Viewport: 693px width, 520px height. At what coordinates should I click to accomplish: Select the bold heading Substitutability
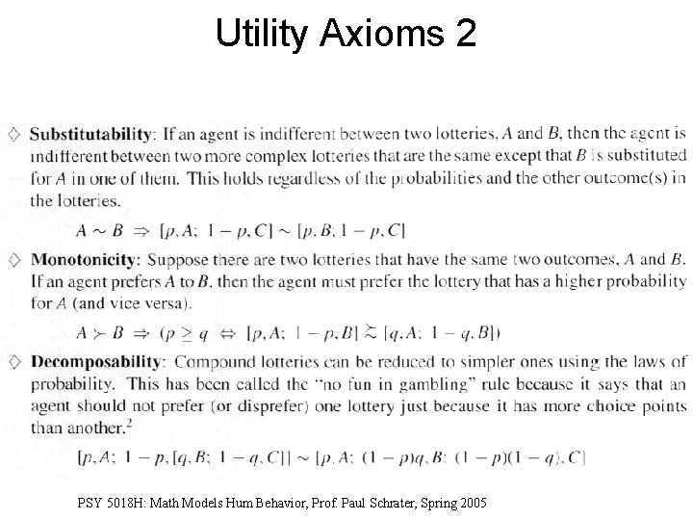tap(90, 134)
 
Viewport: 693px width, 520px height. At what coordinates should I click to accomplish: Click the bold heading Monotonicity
tap(85, 259)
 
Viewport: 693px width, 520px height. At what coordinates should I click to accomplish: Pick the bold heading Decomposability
tap(94, 362)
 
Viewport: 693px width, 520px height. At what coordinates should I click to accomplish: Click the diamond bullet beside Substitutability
tap(13, 134)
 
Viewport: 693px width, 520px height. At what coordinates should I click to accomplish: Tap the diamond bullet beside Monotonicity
tap(13, 259)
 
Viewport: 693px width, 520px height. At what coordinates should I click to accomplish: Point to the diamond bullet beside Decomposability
tap(13, 362)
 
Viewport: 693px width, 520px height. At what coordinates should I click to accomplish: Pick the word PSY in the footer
tap(90, 504)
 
